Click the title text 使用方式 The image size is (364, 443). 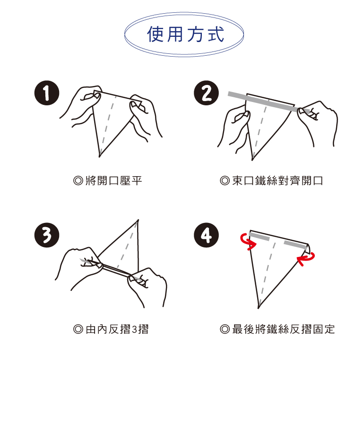coord(185,34)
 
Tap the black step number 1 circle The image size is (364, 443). coord(47,93)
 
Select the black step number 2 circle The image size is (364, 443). coord(206,93)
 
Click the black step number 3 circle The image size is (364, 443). coord(47,235)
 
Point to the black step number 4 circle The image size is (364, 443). coord(206,235)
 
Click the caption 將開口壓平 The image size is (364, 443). coord(113,180)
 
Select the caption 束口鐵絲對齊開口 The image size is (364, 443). coord(277,180)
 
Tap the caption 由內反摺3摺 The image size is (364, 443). coord(117,329)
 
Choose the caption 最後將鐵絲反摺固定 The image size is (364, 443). coord(283,329)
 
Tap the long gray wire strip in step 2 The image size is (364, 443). coord(269,102)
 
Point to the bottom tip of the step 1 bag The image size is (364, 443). coord(100,156)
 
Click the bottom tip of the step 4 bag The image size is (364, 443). coord(259,307)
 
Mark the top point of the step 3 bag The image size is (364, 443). coord(138,220)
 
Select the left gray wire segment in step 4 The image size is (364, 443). coord(259,237)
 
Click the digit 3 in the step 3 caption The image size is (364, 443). coord(135,330)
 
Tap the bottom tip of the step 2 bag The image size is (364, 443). coord(252,160)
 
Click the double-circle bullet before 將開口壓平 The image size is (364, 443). coord(78,181)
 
